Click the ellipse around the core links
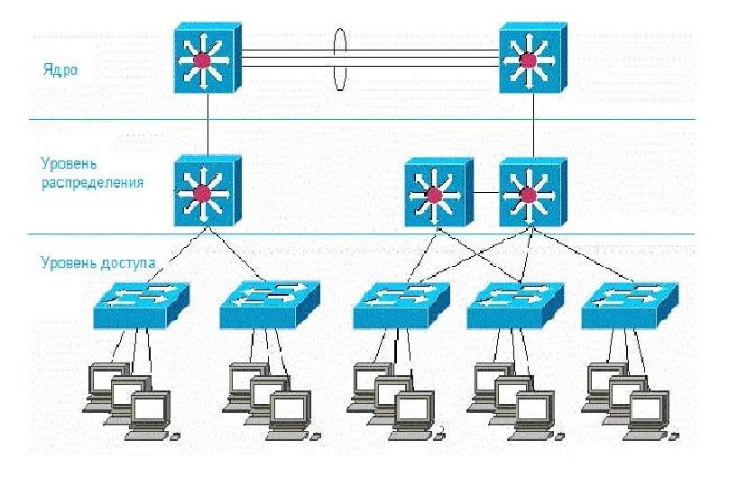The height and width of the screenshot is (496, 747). [340, 60]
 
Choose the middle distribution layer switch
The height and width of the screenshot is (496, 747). [438, 192]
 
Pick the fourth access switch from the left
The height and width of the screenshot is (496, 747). [512, 302]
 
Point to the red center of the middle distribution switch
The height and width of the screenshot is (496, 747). [434, 195]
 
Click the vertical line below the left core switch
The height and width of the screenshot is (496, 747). [207, 122]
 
